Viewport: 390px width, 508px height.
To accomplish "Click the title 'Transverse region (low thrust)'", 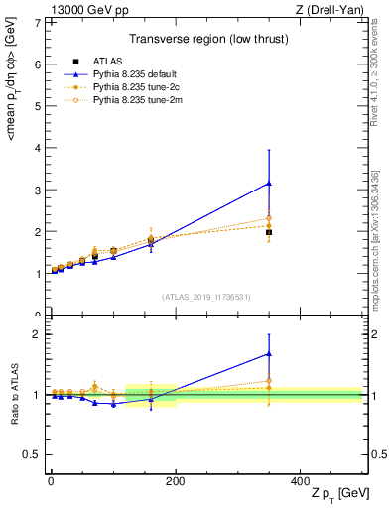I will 205,41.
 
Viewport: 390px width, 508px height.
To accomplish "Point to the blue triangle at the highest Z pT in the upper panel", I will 269,184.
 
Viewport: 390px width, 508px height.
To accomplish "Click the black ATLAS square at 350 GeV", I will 269,232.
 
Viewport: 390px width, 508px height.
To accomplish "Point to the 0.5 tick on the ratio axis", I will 32,454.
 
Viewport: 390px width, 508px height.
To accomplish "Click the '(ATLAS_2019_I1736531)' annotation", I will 205,297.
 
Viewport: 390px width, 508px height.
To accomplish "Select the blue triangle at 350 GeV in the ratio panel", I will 269,353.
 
